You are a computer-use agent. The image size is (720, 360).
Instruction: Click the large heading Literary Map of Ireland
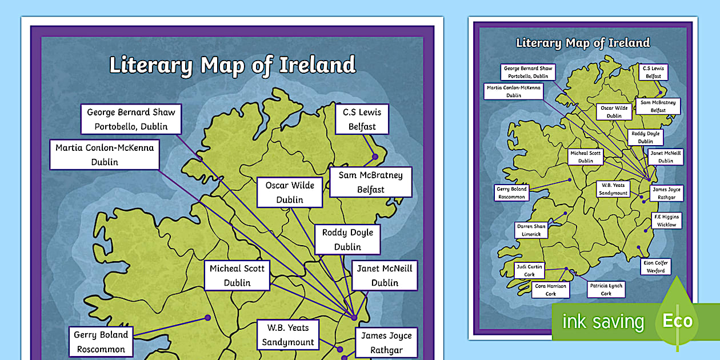pos(232,65)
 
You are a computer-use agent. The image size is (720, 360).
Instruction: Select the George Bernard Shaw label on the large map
pos(131,119)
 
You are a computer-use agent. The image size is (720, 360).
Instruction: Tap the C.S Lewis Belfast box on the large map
pos(362,119)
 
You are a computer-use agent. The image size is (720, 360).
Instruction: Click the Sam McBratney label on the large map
pos(370,182)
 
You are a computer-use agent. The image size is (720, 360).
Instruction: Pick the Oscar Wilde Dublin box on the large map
pos(290,193)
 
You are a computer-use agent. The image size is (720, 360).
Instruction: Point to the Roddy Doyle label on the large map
pos(347,239)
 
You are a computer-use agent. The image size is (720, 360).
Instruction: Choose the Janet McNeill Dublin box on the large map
pos(385,275)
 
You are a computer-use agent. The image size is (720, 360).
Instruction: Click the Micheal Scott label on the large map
pos(237,275)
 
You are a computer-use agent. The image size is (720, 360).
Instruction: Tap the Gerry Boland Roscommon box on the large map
pos(101,342)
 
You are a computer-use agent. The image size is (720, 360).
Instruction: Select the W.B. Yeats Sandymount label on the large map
pos(288,335)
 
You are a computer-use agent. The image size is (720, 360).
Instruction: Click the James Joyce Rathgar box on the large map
pos(386,343)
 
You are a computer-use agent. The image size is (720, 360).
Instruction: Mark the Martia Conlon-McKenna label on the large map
pos(105,155)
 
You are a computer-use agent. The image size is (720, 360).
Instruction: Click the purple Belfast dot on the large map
pos(375,156)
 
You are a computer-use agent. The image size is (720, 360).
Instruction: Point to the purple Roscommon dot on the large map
pos(207,318)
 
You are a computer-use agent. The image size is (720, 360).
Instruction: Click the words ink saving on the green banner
pos(603,322)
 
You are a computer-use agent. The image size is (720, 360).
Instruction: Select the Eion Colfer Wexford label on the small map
pos(655,267)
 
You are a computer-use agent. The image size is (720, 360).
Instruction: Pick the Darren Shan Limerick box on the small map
pos(531,230)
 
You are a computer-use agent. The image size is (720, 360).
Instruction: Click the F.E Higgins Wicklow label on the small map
pos(666,221)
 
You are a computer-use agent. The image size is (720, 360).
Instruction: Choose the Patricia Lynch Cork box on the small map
pos(606,290)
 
